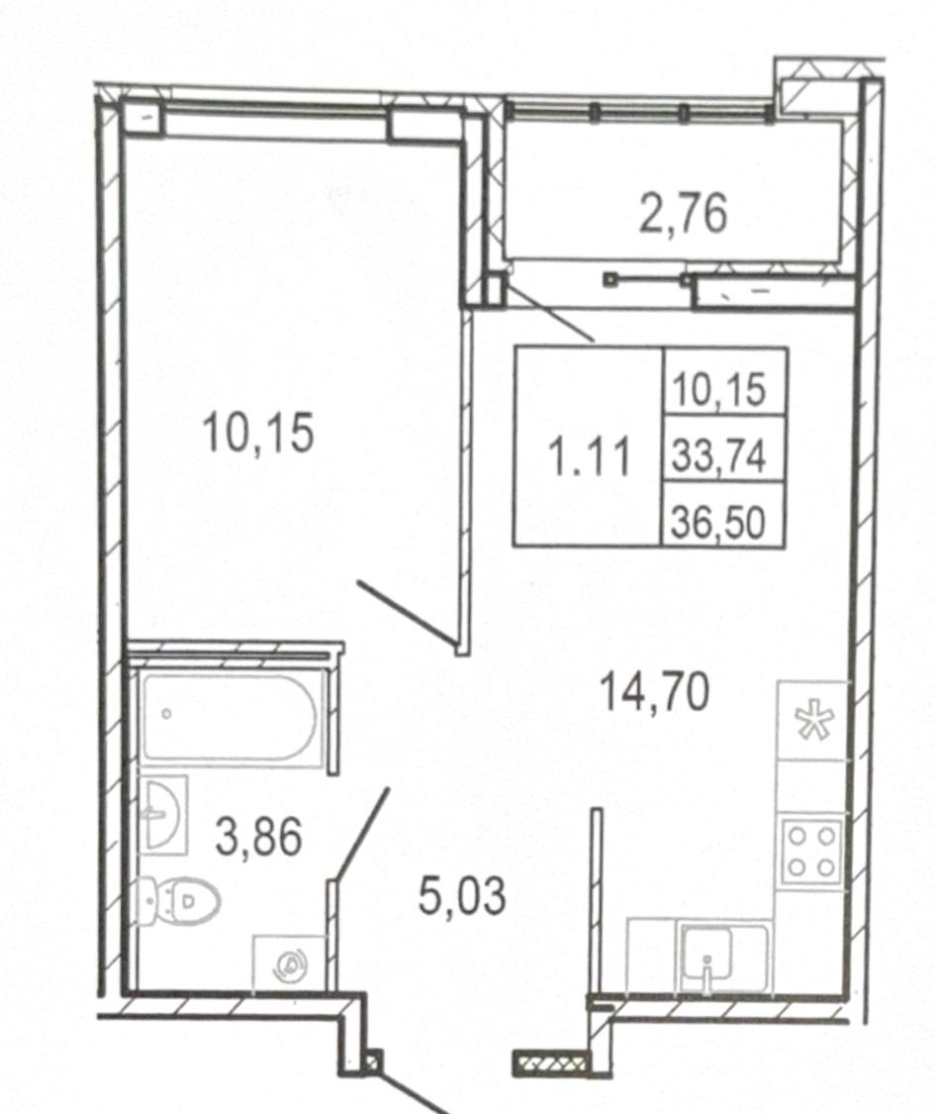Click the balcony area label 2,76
pos(683,214)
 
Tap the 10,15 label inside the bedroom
pos(257,433)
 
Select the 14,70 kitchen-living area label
pos(654,693)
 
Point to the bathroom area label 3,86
pos(258,837)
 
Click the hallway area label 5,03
pos(462,896)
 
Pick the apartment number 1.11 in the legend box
pos(591,456)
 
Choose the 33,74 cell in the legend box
pos(719,456)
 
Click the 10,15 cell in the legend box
pos(719,390)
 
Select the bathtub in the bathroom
pos(229,718)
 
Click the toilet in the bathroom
pos(178,901)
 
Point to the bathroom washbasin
pos(164,814)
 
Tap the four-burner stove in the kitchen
pos(811,852)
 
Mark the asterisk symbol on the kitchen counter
pos(814,720)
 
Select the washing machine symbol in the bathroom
pos(290,964)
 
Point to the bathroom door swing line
pos(362,834)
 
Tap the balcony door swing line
pos(551,308)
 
